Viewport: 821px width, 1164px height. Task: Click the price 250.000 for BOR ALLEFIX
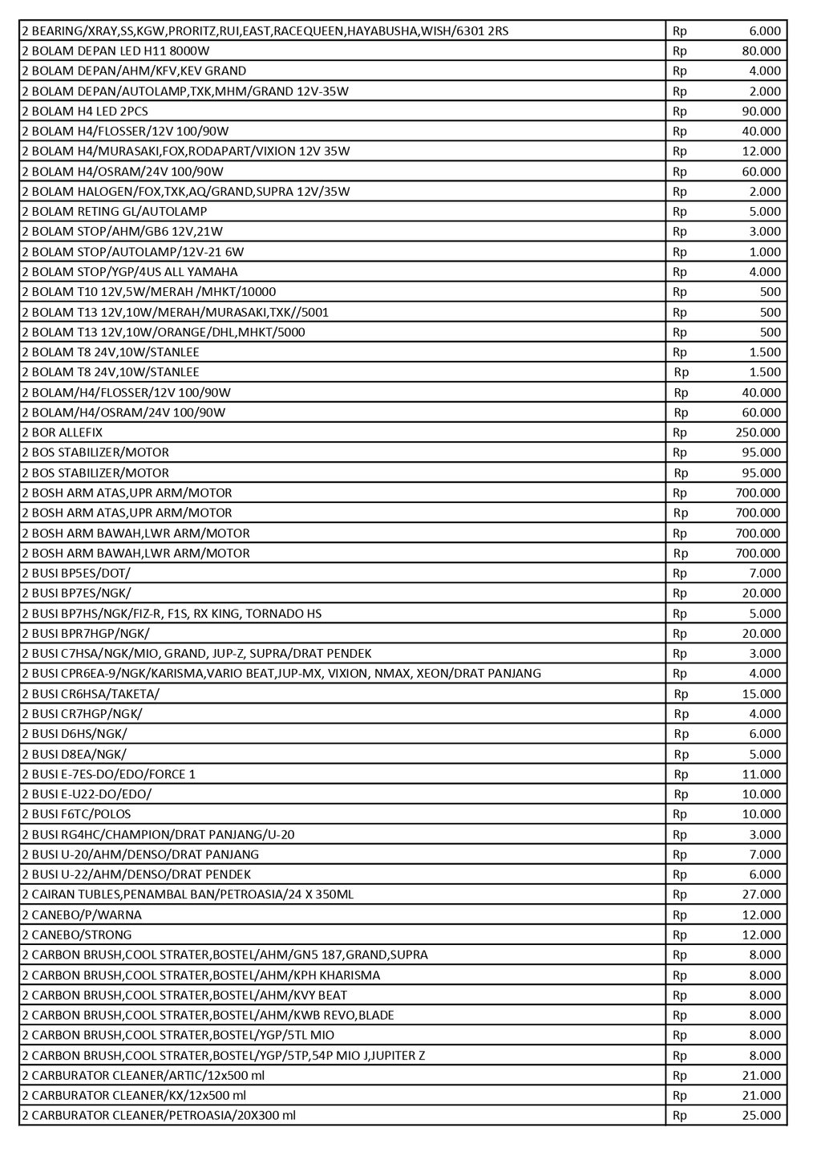(758, 432)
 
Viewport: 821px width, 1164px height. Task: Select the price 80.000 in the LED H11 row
(761, 51)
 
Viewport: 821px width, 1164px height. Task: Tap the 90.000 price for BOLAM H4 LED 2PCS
(761, 111)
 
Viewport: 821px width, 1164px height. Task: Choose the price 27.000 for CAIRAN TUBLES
(761, 894)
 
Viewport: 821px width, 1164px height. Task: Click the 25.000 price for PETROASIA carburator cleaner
(761, 1115)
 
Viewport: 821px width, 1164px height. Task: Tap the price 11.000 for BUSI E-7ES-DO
(761, 774)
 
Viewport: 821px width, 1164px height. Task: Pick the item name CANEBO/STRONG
(77, 935)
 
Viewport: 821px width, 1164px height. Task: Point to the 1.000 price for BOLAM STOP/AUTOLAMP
(765, 252)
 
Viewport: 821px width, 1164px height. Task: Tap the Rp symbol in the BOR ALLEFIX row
(680, 432)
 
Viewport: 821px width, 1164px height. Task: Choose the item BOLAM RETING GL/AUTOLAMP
(115, 211)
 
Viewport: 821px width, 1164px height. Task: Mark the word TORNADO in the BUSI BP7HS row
(272, 614)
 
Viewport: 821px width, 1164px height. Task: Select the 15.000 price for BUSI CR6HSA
(761, 694)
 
